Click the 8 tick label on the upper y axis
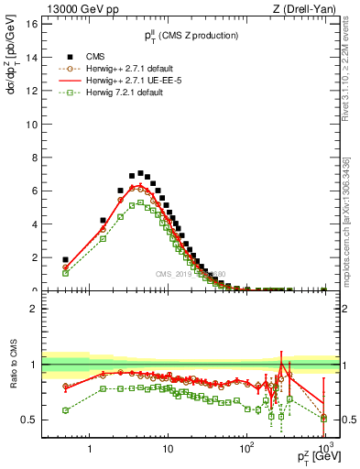tap(32, 158)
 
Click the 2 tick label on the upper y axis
tap(32, 257)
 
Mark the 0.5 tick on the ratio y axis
tap(28, 420)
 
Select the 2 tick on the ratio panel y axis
tap(32, 309)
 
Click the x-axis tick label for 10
tap(168, 451)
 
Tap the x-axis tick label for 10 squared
tap(246, 451)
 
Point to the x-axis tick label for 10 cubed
tap(324, 451)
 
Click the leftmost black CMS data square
tap(65, 260)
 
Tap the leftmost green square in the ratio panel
tap(65, 410)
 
